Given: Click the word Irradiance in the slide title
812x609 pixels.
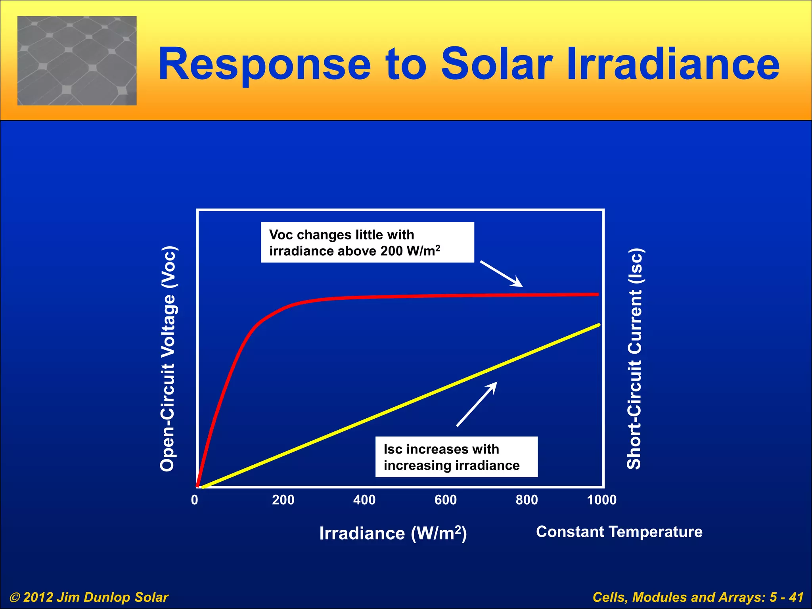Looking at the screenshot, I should click(x=673, y=64).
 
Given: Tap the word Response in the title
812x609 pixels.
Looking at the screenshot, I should click(x=264, y=64).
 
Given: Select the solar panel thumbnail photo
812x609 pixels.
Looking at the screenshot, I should click(x=77, y=61).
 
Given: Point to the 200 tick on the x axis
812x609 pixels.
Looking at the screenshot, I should click(x=283, y=500).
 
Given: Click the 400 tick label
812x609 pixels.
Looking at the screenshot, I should click(x=364, y=500).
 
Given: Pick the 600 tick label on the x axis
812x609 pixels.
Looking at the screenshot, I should click(x=446, y=500).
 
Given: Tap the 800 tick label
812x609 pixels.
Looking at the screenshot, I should click(x=527, y=500).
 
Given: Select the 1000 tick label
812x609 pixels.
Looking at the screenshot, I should click(x=602, y=500).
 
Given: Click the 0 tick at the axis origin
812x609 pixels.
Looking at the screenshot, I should click(x=194, y=500).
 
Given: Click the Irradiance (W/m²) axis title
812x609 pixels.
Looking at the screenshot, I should click(x=393, y=533).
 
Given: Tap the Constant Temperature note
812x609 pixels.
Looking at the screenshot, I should click(x=619, y=532).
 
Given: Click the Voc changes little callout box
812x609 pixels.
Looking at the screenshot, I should click(x=367, y=242).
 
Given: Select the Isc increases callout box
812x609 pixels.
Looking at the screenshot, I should click(x=456, y=457).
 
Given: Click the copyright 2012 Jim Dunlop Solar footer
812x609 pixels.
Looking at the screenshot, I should click(x=89, y=597).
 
